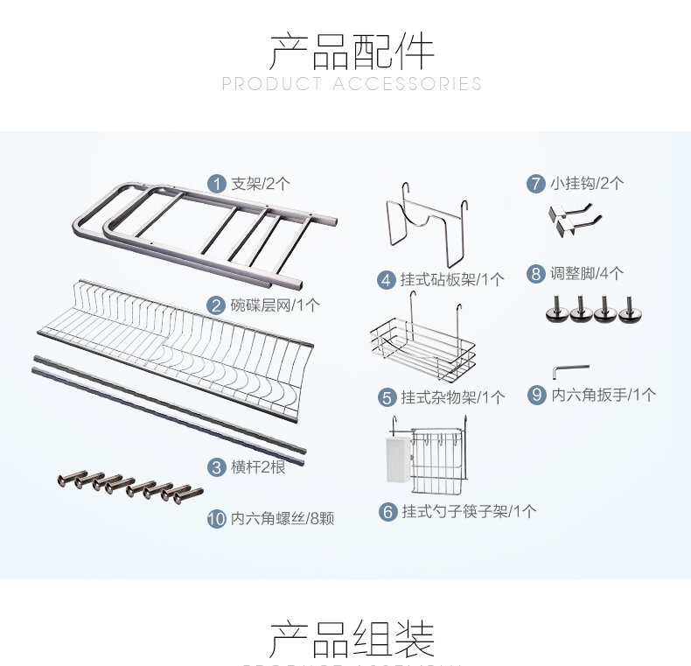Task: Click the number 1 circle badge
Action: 216,184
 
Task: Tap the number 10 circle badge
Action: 216,519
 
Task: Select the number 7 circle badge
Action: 536,184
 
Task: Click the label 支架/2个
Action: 260,184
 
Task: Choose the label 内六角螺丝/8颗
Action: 282,519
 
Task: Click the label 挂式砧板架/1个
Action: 452,280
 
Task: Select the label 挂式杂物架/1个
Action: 452,397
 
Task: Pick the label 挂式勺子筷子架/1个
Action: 469,512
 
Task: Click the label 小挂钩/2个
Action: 587,184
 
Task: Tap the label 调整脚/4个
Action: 587,274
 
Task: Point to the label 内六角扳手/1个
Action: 603,395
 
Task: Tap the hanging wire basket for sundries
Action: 422,347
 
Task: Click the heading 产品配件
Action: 352,52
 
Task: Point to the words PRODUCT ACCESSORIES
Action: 352,84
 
